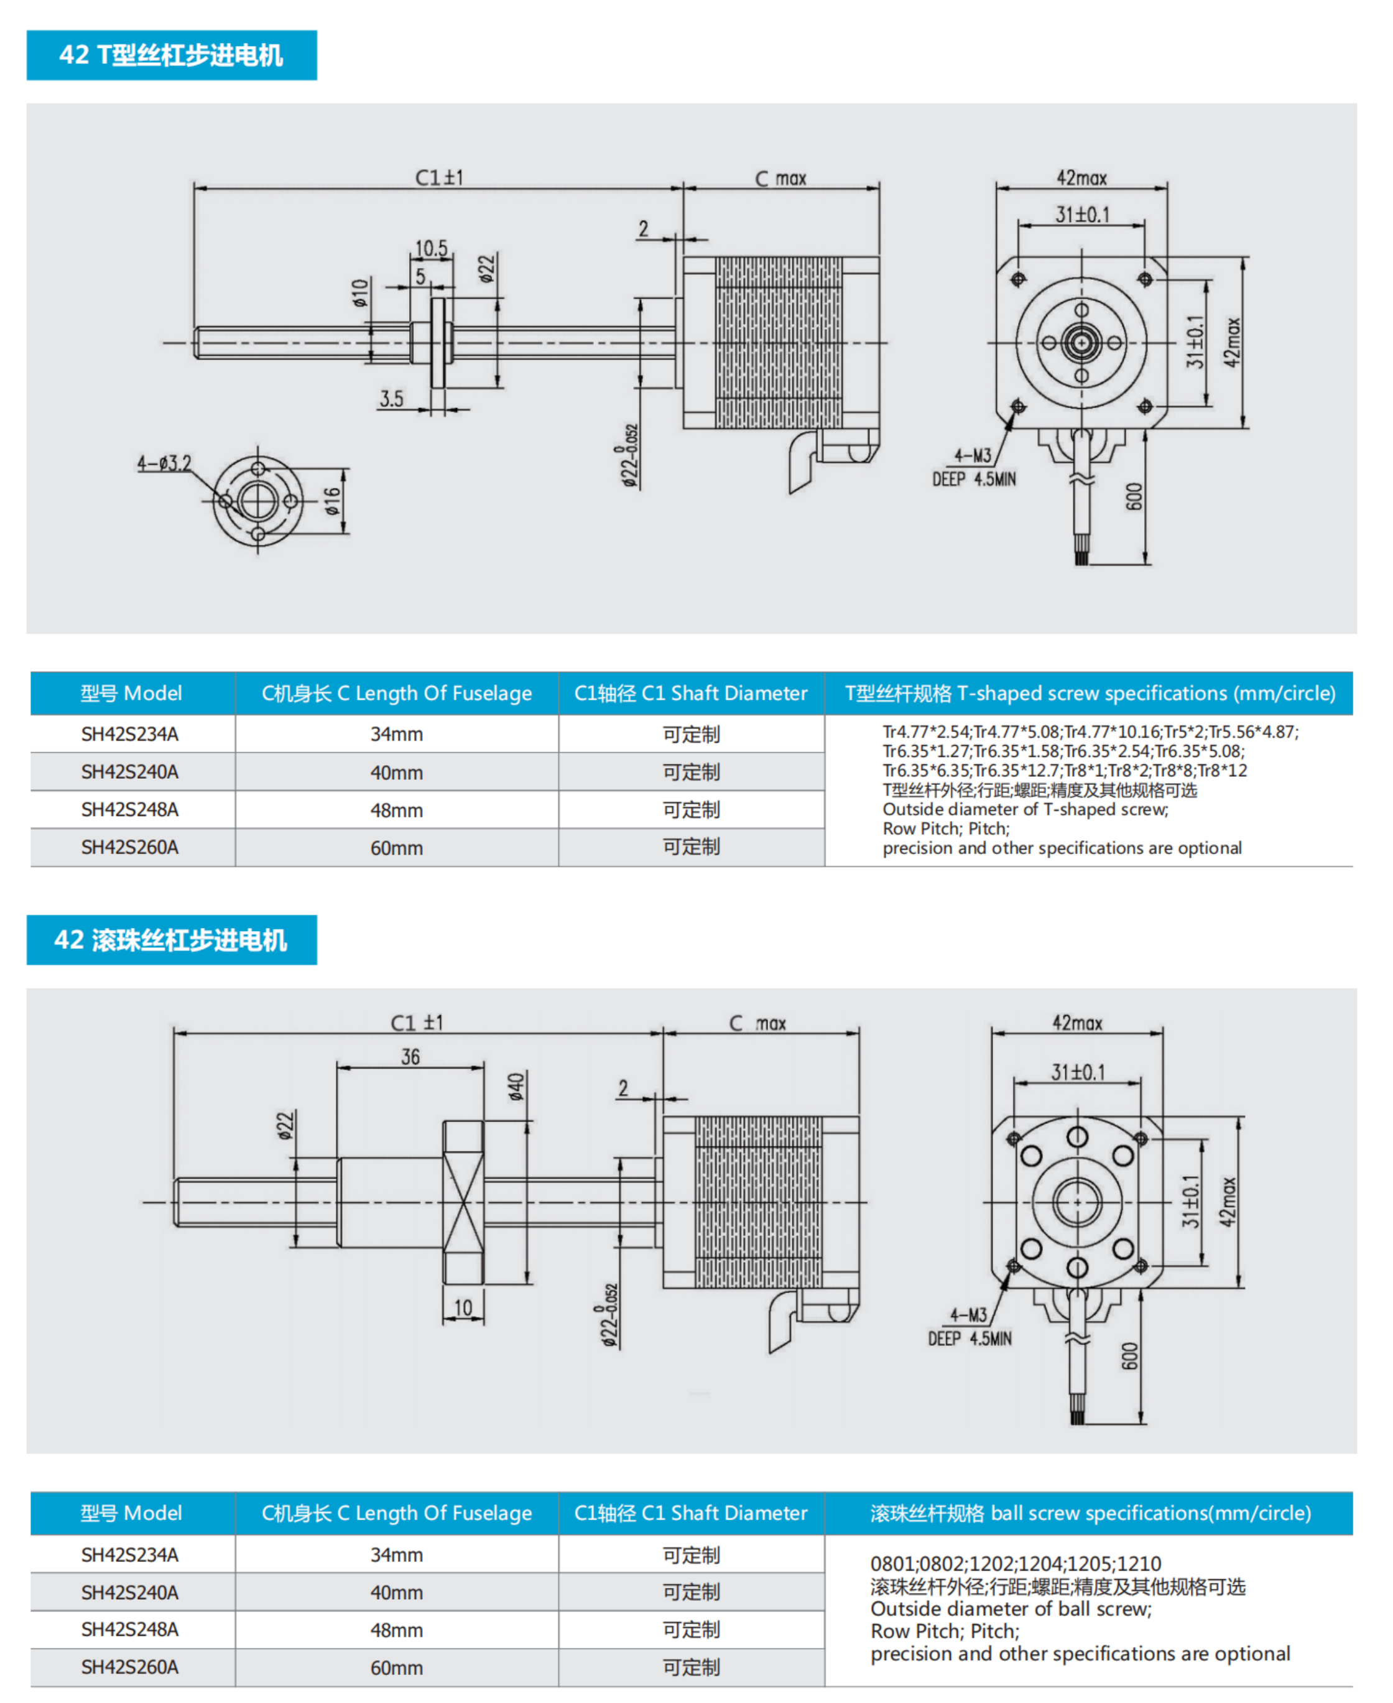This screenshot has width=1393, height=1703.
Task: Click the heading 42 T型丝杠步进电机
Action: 171,55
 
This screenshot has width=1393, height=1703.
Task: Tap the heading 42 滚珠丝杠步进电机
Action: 171,940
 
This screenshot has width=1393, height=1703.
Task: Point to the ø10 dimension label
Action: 360,293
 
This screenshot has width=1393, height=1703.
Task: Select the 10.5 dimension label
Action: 431,249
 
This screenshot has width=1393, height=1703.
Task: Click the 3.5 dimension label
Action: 392,399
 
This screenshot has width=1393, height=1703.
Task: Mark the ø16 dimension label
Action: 332,501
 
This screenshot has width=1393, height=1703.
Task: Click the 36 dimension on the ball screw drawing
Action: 410,1057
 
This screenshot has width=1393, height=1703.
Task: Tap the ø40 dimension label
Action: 516,1087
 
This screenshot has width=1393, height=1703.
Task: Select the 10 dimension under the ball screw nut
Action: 463,1308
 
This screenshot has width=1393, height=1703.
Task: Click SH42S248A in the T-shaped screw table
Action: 130,810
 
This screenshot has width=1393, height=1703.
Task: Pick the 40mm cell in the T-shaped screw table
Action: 396,772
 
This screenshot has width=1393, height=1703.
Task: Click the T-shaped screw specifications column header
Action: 1090,694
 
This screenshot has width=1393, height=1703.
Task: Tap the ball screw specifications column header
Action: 1090,1513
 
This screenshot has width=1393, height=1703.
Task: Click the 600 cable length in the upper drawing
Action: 1133,497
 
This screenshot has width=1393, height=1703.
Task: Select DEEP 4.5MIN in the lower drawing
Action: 970,1339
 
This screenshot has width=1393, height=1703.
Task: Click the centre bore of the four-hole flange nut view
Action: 257,501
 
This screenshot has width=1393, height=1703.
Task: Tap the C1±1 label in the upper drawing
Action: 439,177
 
